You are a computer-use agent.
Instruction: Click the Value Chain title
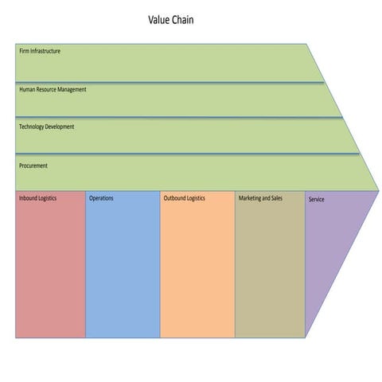point(170,20)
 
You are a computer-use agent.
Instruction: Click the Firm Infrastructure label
point(40,52)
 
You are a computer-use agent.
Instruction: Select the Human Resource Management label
point(53,89)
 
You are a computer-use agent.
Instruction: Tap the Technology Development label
point(46,127)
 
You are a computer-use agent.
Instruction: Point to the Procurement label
point(33,166)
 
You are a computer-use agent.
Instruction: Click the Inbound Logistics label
point(37,197)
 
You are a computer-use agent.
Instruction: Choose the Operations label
point(101,197)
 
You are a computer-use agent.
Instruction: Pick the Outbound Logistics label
point(184,197)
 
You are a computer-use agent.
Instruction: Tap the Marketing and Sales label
point(260,197)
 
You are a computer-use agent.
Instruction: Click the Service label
point(316,199)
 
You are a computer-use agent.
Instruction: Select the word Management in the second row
point(71,89)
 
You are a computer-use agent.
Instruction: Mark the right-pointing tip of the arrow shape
point(378,191)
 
